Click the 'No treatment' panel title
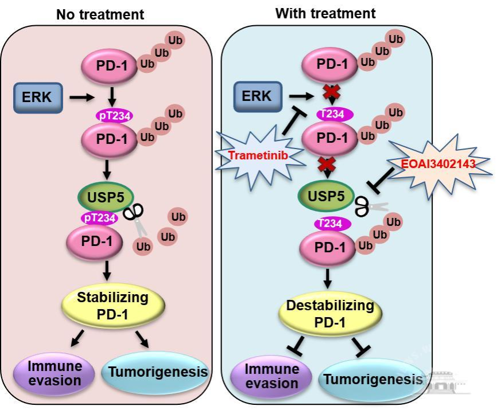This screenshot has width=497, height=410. pos(100,14)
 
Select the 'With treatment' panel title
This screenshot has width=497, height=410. pos(325,13)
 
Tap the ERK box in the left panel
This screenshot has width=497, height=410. pos(37,97)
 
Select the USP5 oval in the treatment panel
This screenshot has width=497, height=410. pos(325,196)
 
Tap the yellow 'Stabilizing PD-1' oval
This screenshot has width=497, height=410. pos(112,306)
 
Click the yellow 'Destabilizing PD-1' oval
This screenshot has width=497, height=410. pos(329,314)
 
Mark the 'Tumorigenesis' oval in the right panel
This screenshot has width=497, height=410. pos(373,379)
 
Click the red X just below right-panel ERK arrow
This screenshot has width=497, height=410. pos(329,92)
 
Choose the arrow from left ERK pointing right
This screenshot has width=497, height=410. pos(80,97)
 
